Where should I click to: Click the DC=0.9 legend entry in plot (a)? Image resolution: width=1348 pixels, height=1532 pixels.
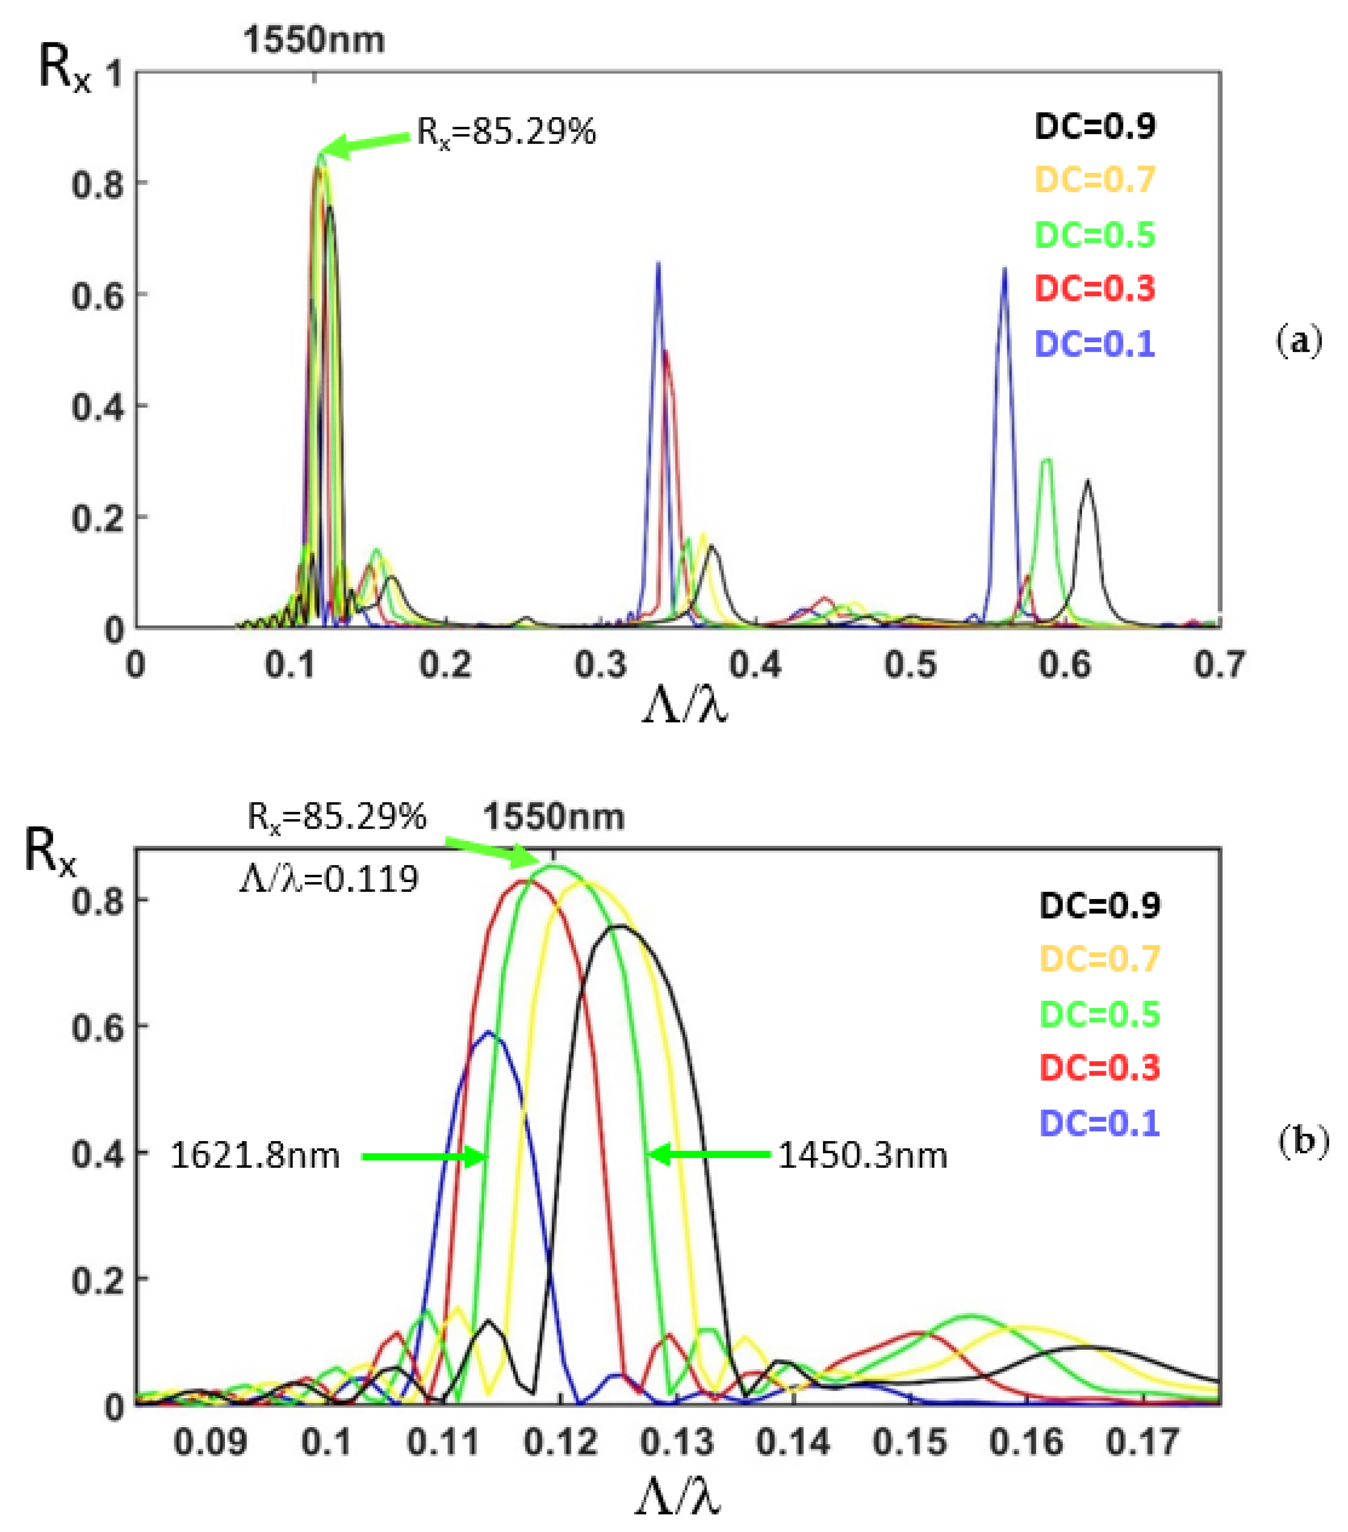1094,126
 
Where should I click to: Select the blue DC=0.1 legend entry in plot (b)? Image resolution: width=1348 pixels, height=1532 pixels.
1099,1123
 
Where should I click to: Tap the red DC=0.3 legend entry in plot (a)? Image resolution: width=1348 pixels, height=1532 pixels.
1094,288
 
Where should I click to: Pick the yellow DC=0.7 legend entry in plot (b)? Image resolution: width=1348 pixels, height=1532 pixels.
1099,958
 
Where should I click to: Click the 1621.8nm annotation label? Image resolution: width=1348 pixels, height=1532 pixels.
255,1156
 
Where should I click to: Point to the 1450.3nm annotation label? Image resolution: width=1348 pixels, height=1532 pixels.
862,1156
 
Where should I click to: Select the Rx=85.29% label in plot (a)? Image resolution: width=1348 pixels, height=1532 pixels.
506,132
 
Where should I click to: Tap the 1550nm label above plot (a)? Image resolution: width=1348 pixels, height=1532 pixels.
313,40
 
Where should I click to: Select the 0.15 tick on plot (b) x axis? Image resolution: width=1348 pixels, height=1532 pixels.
910,1441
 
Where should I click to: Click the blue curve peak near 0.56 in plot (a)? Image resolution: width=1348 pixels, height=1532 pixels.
1004,268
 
